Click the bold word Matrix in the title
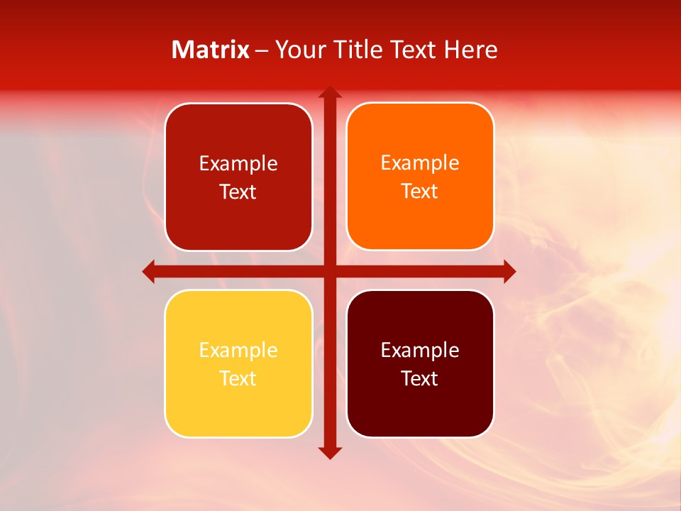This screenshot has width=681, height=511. coord(211,50)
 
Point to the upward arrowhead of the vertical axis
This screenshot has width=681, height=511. coord(330,93)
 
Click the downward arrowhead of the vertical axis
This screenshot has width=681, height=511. coord(330,452)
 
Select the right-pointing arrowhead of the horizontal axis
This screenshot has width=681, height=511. coord(509,271)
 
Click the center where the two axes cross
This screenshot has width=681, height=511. coord(330,271)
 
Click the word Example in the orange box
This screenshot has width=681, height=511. coord(420,163)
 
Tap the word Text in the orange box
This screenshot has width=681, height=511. coord(420,192)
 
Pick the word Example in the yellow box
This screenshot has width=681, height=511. coord(238,350)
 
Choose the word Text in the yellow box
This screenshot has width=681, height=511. coord(238,378)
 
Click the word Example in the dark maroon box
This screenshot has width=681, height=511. coord(420,350)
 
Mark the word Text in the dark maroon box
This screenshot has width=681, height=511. coord(420,378)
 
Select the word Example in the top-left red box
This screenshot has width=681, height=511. coord(238,164)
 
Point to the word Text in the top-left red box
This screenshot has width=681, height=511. coord(238,192)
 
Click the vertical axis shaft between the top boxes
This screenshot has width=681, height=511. coord(330,177)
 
